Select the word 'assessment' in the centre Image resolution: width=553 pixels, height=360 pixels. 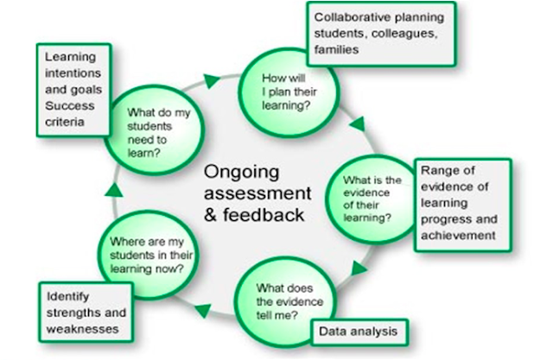point(253,191)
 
